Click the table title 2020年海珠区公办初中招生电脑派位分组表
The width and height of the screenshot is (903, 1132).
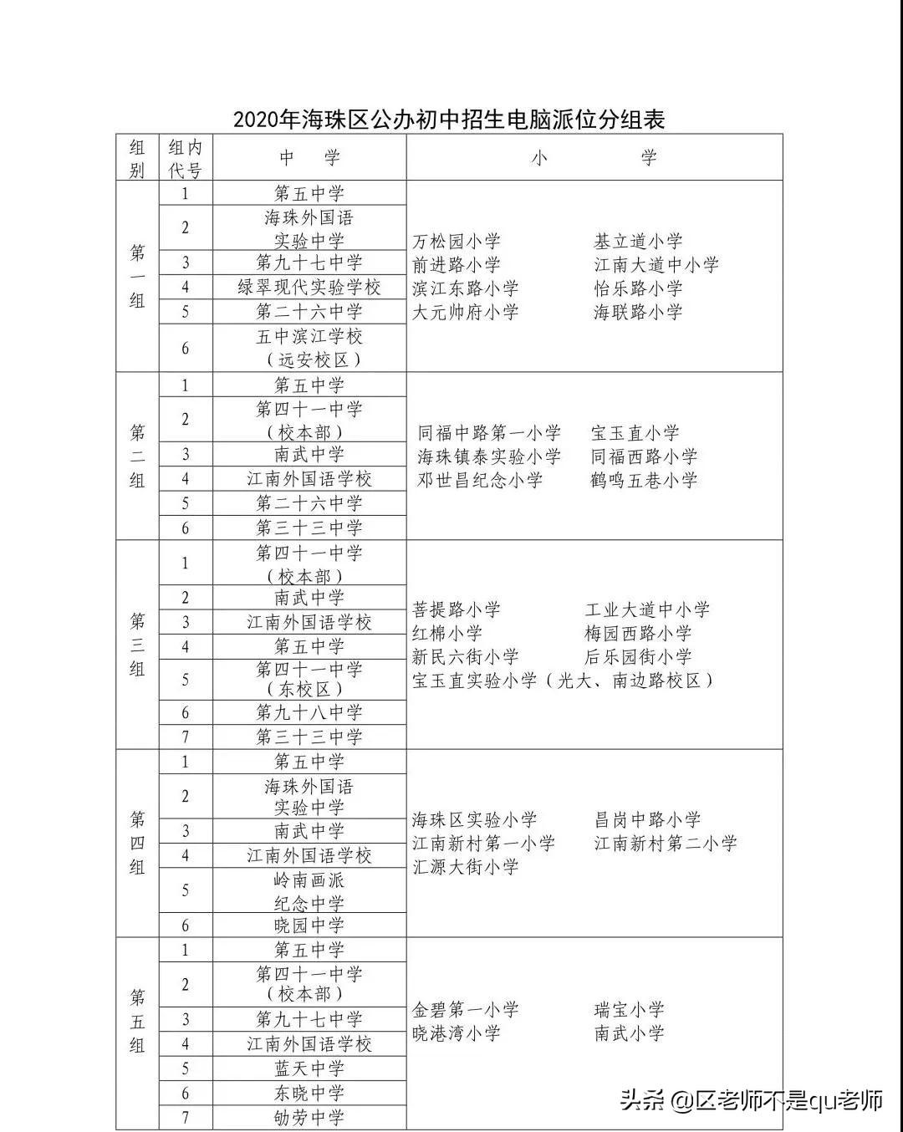tap(449, 120)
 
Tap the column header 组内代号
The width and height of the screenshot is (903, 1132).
tap(185, 159)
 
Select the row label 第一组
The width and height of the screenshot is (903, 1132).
tap(137, 277)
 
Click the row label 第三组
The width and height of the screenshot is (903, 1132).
tap(137, 645)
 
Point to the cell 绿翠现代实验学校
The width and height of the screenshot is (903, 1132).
tap(309, 288)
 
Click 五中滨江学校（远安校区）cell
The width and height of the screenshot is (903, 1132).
tap(309, 348)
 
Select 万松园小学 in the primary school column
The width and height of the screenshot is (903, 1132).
tap(457, 242)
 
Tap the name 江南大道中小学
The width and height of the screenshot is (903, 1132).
tap(656, 265)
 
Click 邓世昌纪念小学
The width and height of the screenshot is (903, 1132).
tap(480, 481)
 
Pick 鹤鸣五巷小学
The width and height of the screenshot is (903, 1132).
tap(644, 481)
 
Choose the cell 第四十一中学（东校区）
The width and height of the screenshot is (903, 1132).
tap(309, 679)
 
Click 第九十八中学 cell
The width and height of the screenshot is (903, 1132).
tap(309, 712)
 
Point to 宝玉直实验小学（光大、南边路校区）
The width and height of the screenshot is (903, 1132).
tap(563, 681)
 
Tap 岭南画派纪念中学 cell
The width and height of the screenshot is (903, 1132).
tap(309, 891)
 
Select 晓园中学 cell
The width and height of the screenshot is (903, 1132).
tap(309, 925)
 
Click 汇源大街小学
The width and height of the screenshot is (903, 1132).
tap(466, 867)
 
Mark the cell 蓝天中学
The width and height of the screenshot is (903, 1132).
tap(309, 1068)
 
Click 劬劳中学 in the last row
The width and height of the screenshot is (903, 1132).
tap(309, 1118)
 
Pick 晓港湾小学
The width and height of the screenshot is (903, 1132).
tap(457, 1033)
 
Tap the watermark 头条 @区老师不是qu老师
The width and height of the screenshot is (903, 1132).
tap(751, 1100)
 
